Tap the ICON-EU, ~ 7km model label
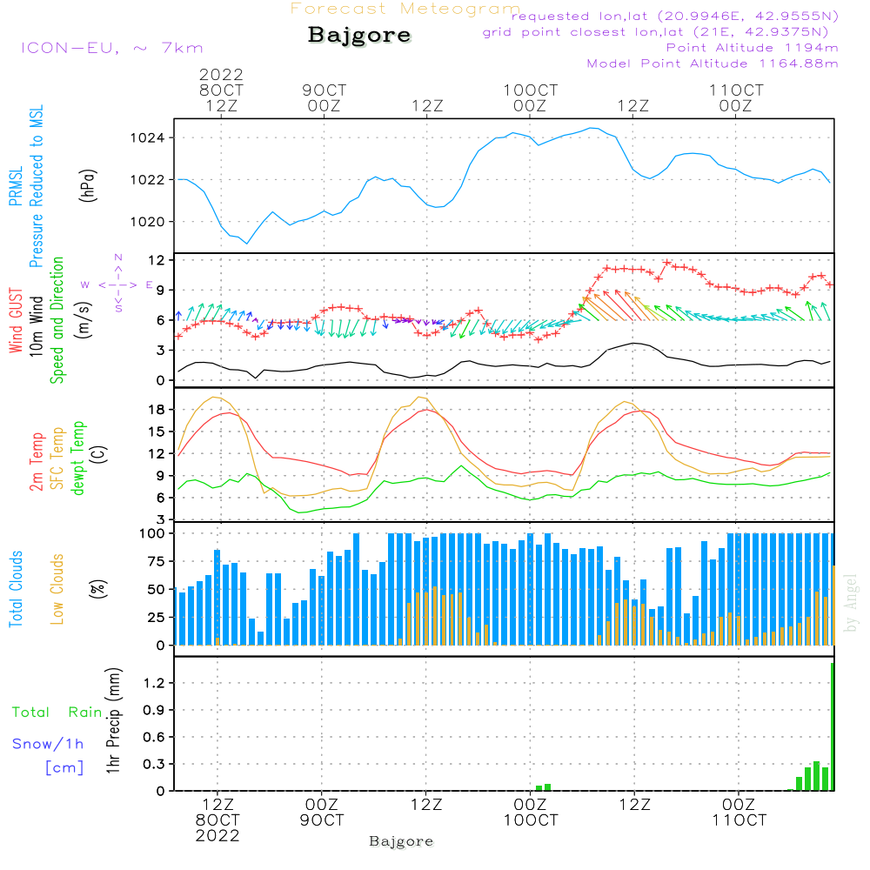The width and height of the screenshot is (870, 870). tap(111, 48)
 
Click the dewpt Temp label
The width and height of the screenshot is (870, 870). tap(78, 458)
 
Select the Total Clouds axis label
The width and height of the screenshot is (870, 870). tap(15, 589)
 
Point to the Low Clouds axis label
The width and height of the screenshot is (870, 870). tap(57, 588)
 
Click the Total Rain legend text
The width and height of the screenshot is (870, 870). tap(57, 713)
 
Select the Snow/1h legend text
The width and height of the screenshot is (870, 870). tap(49, 744)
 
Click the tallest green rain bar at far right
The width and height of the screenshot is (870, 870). tap(832, 726)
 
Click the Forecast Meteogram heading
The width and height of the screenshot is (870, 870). tap(405, 10)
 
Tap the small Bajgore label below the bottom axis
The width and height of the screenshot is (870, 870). tap(401, 841)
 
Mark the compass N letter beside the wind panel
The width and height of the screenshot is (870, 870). tap(117, 258)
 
